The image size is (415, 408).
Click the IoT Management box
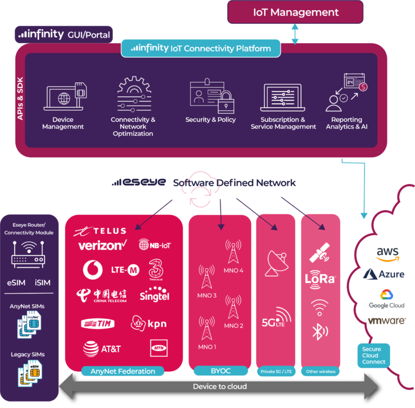pyautogui.click(x=296, y=12)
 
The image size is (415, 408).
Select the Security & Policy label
pyautogui.click(x=211, y=120)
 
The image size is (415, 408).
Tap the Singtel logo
pyautogui.click(x=154, y=296)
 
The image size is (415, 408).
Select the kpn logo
pyautogui.click(x=149, y=324)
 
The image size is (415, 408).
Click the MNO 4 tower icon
pyautogui.click(x=233, y=252)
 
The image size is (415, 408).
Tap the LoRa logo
pyautogui.click(x=320, y=280)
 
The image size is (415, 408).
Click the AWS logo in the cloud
pyautogui.click(x=387, y=253)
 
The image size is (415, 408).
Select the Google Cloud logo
pyautogui.click(x=387, y=299)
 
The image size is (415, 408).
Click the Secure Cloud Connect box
pyautogui.click(x=373, y=355)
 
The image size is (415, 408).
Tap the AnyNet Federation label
pyautogui.click(x=122, y=371)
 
